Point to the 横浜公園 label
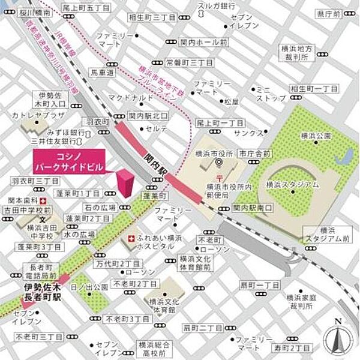tap(317, 137)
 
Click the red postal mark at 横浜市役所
tap(220, 178)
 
